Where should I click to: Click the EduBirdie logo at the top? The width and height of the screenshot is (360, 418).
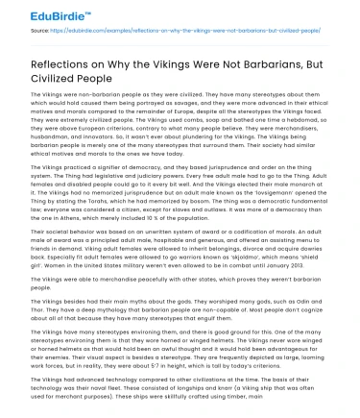click(38, 17)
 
